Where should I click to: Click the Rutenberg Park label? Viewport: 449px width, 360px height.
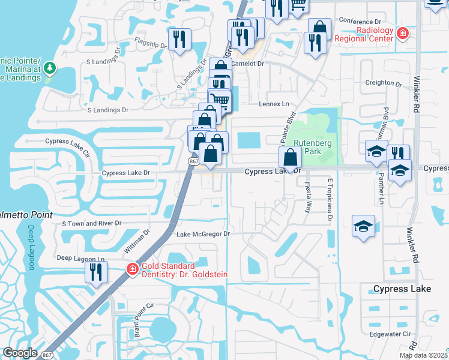[x=309, y=147]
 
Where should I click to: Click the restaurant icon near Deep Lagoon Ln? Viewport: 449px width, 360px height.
[x=95, y=272]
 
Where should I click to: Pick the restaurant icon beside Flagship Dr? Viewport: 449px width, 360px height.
[x=179, y=40]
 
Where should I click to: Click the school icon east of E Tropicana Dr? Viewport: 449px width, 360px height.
[x=363, y=226]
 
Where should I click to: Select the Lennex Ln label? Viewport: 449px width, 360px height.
[x=274, y=104]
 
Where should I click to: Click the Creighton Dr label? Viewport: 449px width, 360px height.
[x=382, y=83]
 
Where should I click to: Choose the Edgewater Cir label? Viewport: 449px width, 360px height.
[x=390, y=334]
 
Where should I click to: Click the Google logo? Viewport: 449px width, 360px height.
[x=20, y=353]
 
